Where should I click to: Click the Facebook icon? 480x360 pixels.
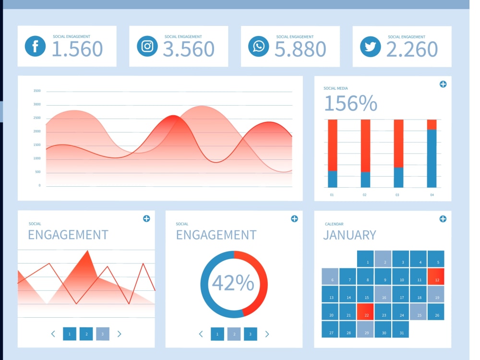pyautogui.click(x=35, y=47)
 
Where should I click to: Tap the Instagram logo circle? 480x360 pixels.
pyautogui.click(x=147, y=47)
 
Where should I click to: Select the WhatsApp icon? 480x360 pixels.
pyautogui.click(x=259, y=47)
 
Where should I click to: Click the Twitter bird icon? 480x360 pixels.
pyautogui.click(x=370, y=47)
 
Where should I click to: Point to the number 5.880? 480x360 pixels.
pyautogui.click(x=300, y=49)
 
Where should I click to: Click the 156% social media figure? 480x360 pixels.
pyautogui.click(x=350, y=103)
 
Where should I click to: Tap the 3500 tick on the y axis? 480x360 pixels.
pyautogui.click(x=37, y=91)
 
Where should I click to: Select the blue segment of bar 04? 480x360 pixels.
pyautogui.click(x=432, y=158)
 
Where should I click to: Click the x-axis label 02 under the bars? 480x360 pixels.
pyautogui.click(x=364, y=195)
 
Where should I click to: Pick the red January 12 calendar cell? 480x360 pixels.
pyautogui.click(x=436, y=277)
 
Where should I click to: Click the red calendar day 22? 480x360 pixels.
pyautogui.click(x=366, y=312)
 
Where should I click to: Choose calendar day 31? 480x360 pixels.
pyautogui.click(x=401, y=330)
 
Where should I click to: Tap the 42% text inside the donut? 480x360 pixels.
pyautogui.click(x=233, y=283)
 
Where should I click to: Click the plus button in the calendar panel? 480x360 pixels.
pyautogui.click(x=443, y=219)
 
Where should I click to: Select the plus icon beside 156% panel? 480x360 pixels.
pyautogui.click(x=443, y=84)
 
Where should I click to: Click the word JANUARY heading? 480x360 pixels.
pyautogui.click(x=349, y=235)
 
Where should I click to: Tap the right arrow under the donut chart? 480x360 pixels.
pyautogui.click(x=267, y=334)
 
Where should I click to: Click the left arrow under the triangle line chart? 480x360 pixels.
pyautogui.click(x=53, y=334)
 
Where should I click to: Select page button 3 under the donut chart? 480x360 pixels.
pyautogui.click(x=250, y=334)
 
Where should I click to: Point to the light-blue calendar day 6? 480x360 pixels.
pyautogui.click(x=330, y=277)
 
